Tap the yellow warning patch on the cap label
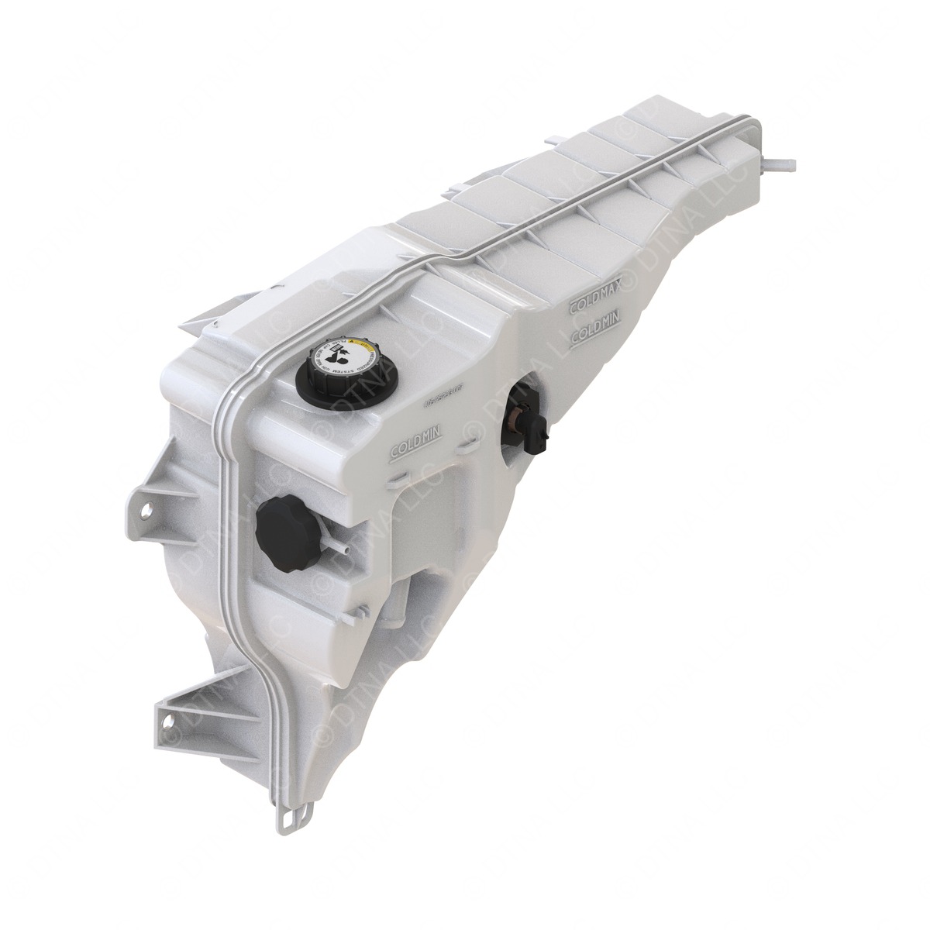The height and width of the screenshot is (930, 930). click(x=359, y=342)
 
